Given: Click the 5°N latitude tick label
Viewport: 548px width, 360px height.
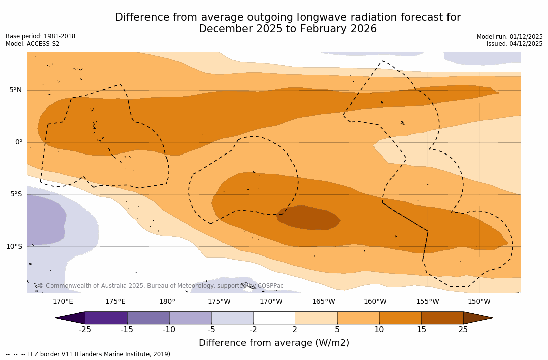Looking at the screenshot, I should (15, 90).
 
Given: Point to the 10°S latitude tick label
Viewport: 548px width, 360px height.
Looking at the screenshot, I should (14, 247).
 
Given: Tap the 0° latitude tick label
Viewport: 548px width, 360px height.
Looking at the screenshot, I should (19, 142).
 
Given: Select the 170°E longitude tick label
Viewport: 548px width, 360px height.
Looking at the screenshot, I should (63, 302).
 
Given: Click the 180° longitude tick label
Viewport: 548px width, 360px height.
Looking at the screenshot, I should (167, 302).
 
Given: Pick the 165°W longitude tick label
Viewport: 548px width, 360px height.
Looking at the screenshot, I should (323, 302).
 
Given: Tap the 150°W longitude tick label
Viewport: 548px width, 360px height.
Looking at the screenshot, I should (479, 302).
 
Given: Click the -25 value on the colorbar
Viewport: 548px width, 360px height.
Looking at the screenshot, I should (85, 330).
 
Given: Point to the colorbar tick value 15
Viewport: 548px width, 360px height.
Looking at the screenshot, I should (421, 330).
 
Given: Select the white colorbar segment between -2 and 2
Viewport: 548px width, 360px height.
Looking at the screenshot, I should (274, 318).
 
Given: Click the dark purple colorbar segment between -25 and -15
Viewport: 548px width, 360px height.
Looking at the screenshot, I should (106, 318).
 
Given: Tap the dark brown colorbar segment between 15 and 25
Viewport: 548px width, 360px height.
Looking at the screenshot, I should (442, 318).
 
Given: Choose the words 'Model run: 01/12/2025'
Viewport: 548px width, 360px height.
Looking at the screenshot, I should (510, 37).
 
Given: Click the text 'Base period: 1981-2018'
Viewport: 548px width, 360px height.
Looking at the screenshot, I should (40, 36).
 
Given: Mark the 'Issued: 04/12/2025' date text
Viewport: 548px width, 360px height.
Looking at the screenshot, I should (515, 44).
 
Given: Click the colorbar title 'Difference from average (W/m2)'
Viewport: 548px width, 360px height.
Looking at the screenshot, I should (274, 343).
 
